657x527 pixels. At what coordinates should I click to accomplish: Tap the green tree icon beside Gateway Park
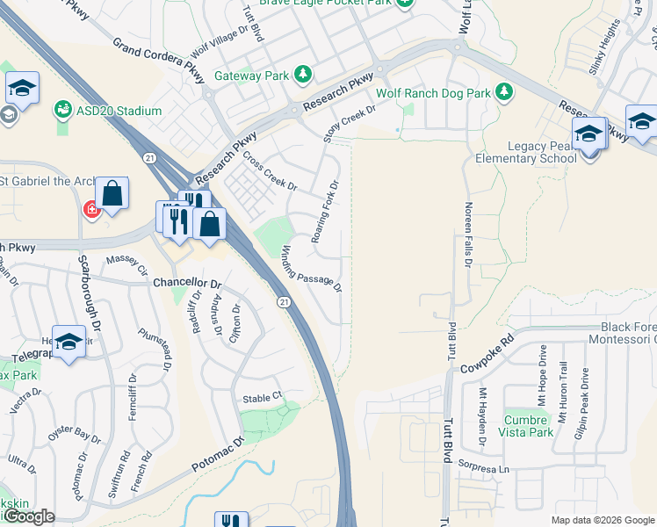[302, 73]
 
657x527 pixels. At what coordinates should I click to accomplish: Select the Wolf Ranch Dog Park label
[433, 92]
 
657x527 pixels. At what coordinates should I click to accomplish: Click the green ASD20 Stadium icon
[63, 110]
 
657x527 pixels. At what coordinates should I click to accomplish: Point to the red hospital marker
[90, 209]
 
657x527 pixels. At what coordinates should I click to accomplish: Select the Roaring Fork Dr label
[325, 213]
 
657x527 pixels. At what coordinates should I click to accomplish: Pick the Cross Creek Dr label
[271, 171]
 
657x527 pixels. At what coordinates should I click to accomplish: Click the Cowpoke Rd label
[487, 353]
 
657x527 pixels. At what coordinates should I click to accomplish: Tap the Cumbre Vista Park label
[529, 426]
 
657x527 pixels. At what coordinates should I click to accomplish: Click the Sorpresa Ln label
[491, 469]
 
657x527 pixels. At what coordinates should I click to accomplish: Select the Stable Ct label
[261, 398]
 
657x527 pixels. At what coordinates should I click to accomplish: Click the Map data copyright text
[603, 520]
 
